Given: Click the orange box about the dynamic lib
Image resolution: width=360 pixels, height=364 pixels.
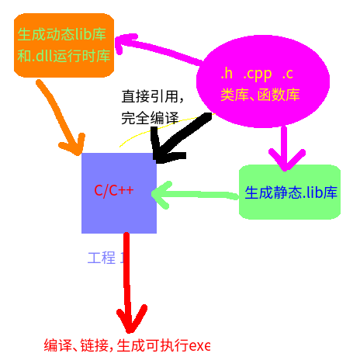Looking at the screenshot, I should [x=64, y=45].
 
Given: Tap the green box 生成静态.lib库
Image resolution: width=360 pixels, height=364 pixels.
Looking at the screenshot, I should [x=290, y=192].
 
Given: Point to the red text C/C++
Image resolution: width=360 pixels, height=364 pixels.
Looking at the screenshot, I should [x=114, y=190].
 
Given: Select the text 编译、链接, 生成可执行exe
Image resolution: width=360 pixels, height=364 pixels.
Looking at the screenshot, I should [x=127, y=345].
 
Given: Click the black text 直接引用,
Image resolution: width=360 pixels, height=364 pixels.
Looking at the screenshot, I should [x=152, y=97].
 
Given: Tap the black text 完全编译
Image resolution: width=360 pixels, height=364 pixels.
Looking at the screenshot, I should [x=150, y=119].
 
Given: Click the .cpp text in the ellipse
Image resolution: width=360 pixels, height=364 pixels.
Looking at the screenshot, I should [x=258, y=75].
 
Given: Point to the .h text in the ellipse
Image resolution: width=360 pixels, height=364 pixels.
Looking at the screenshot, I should [x=227, y=75].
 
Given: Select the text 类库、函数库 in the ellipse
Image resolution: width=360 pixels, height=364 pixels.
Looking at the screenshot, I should [x=260, y=95].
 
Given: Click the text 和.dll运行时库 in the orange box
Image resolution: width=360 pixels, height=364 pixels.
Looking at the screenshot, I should [x=64, y=56].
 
